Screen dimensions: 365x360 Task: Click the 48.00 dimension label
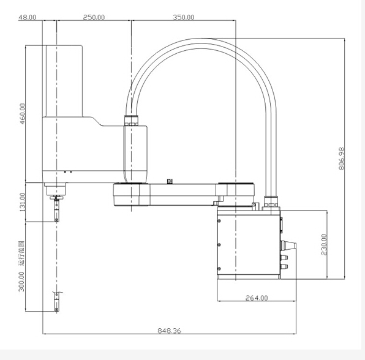(x=27, y=17)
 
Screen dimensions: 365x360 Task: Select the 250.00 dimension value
(x=94, y=17)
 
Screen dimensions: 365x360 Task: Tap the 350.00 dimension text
(x=184, y=17)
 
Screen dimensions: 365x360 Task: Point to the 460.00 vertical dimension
(x=22, y=114)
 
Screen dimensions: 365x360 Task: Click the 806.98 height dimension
(x=341, y=159)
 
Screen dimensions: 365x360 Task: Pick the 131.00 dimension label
(x=22, y=202)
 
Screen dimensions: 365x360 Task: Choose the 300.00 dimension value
(x=21, y=282)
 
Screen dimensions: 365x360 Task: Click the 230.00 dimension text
(x=324, y=244)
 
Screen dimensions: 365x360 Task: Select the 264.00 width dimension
(x=257, y=298)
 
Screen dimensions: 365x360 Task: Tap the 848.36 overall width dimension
(x=169, y=331)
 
